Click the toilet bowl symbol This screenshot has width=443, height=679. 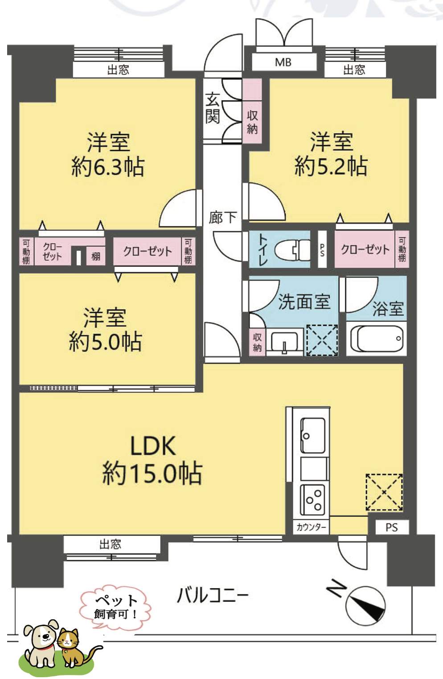292,250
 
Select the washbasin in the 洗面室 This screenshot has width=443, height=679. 284,342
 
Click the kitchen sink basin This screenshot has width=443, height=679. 312,436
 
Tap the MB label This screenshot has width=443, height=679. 283,62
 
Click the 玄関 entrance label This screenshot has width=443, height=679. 213,108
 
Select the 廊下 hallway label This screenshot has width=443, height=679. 222,217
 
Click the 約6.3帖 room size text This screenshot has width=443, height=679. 108,167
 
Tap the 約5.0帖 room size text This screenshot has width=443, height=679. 105,341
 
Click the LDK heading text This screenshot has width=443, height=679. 153,446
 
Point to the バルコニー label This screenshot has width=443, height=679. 213,595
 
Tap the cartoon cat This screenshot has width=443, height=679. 76,648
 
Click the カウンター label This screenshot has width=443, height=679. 311,527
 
